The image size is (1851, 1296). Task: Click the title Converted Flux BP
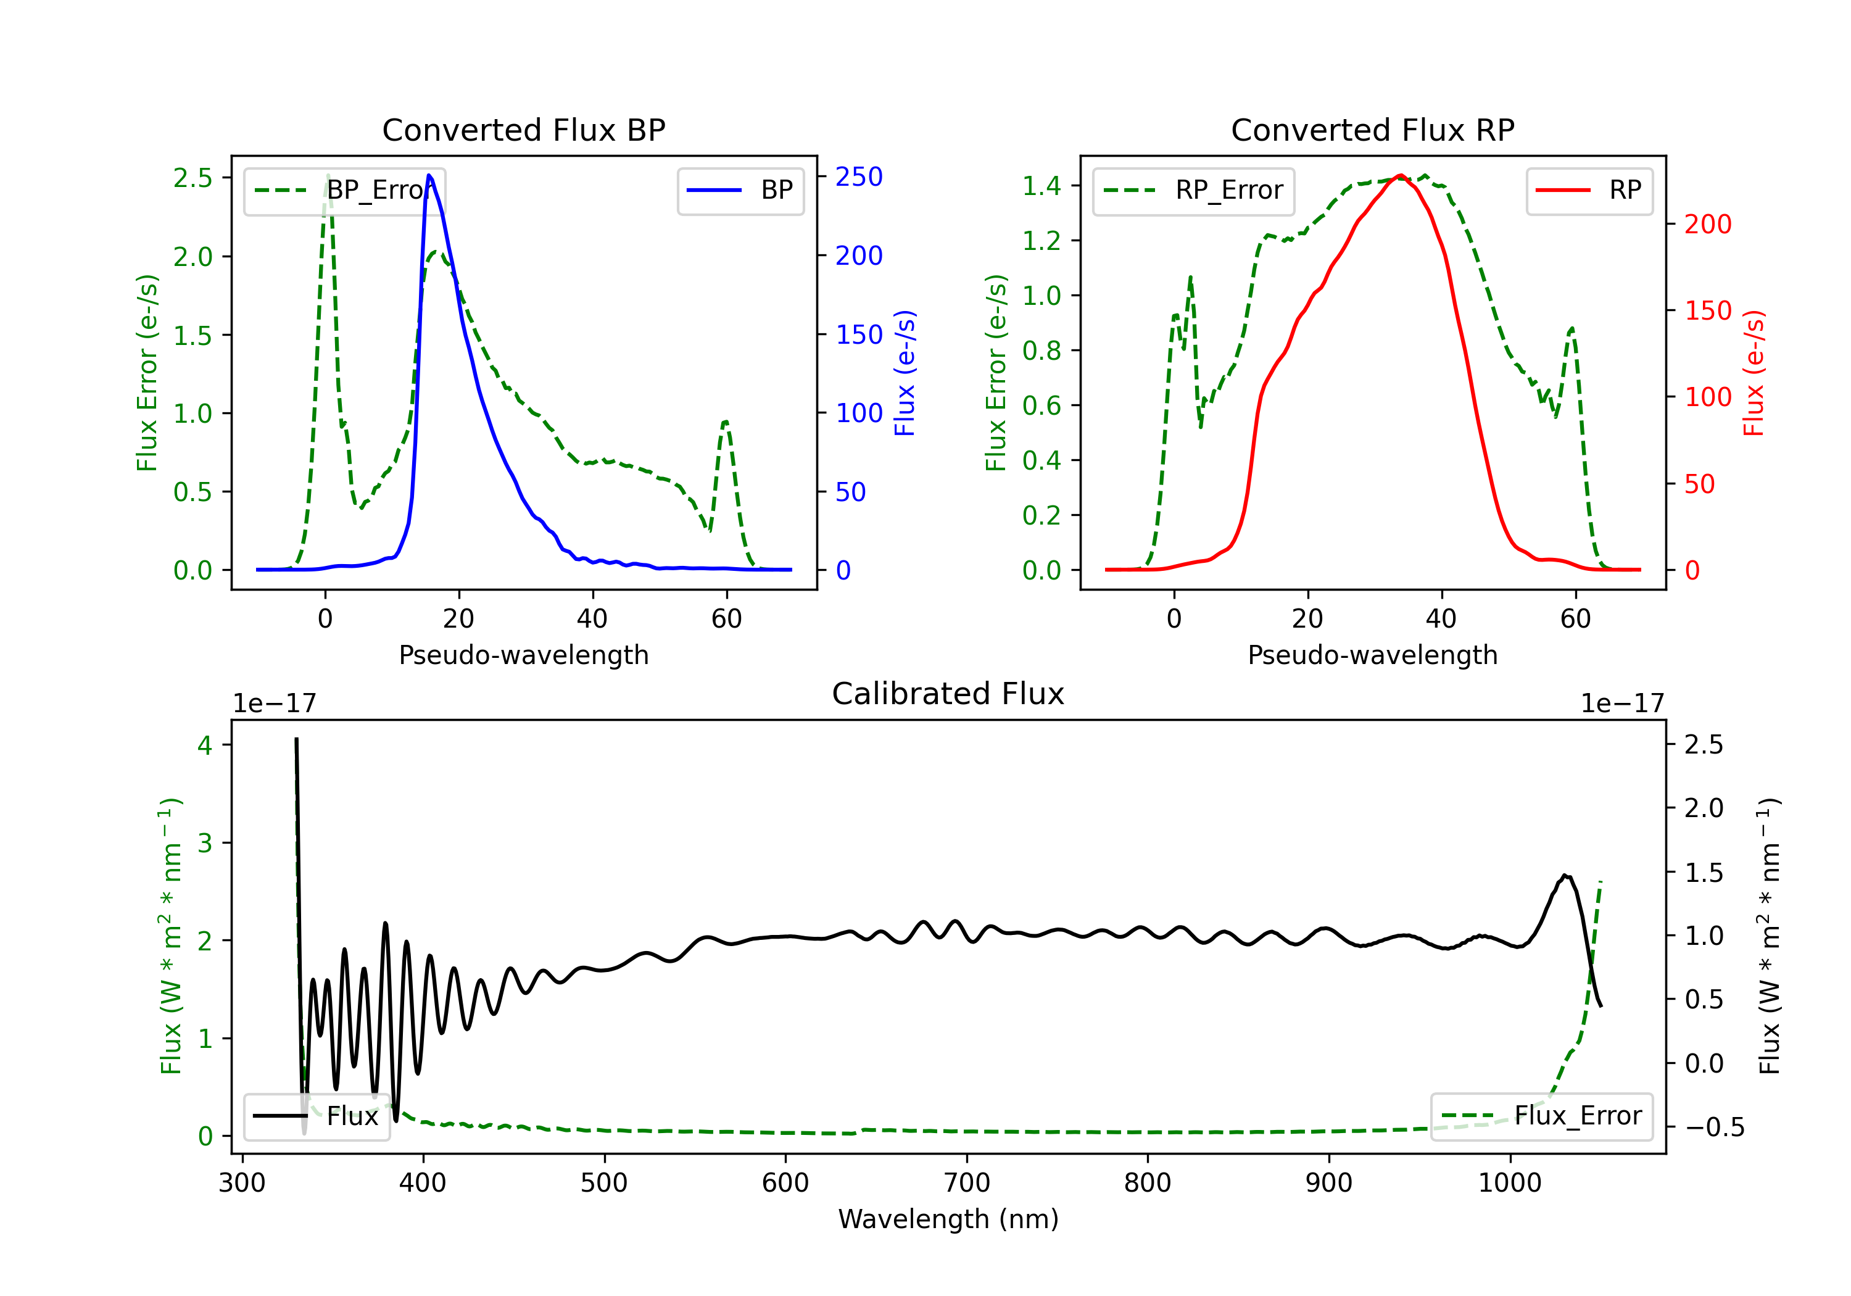[x=523, y=130]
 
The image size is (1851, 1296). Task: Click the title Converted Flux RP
[x=1372, y=130]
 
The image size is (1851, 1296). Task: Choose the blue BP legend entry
[x=740, y=190]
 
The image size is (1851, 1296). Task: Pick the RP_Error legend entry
[x=1193, y=190]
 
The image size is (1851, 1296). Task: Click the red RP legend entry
[x=1589, y=190]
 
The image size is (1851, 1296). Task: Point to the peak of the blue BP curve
[x=429, y=176]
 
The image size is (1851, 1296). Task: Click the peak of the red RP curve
[x=1401, y=176]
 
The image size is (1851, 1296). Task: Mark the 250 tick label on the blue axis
[x=859, y=177]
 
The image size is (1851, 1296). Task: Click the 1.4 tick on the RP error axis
[x=1041, y=186]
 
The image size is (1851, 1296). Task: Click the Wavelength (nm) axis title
[x=948, y=1219]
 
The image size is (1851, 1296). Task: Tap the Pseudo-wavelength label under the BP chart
[x=523, y=655]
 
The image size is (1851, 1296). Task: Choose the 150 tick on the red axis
[x=1707, y=310]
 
